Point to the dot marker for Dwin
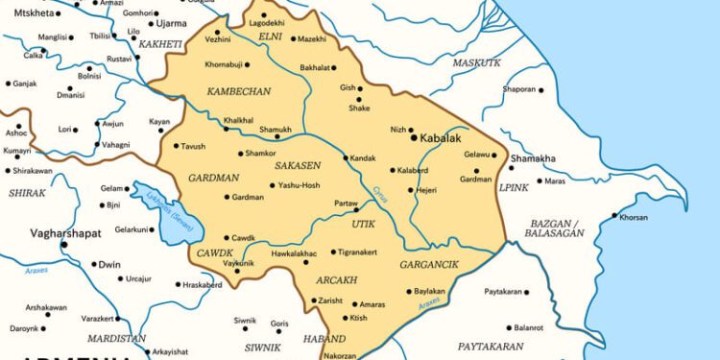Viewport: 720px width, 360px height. (95, 264)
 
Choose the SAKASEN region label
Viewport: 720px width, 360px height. (298, 166)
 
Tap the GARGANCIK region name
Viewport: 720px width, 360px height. (430, 263)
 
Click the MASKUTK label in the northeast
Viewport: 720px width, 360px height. (476, 62)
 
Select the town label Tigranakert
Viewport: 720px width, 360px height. (362, 252)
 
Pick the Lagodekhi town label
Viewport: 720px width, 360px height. (268, 21)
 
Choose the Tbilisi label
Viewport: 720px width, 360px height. (100, 36)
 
